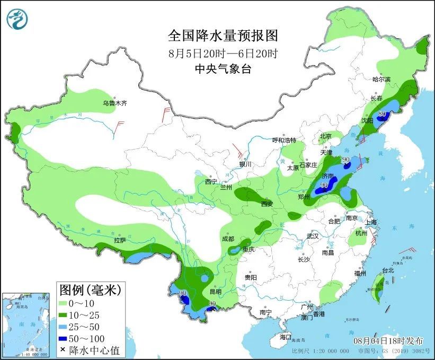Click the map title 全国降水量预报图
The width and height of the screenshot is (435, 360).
coord(223,36)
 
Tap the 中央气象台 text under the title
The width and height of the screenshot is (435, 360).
coord(223,69)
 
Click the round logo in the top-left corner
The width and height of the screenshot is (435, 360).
coord(17,19)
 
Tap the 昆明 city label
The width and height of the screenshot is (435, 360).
coord(216,292)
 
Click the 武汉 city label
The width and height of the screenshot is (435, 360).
coord(313,236)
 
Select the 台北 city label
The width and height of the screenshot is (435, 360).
coord(388,270)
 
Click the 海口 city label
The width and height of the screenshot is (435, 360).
coord(286,337)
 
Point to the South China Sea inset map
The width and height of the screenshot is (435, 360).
coord(26,324)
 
